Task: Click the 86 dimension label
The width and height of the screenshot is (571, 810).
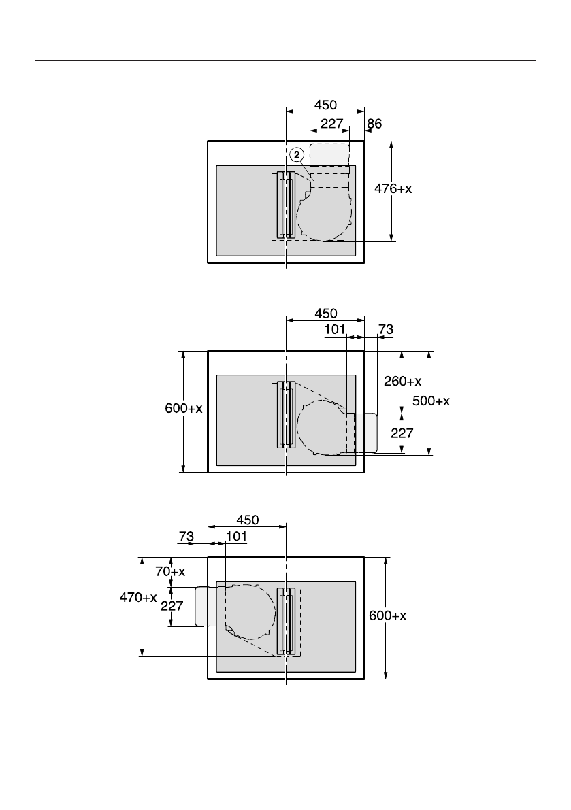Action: [x=375, y=124]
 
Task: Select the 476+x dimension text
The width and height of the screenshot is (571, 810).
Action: [x=395, y=190]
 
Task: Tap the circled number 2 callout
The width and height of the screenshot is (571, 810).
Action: [x=296, y=155]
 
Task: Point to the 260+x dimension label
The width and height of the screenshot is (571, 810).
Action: [x=402, y=382]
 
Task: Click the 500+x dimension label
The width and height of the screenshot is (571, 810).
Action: [x=431, y=401]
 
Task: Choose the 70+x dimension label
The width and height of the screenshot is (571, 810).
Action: [x=170, y=572]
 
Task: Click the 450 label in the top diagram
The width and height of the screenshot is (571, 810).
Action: [x=326, y=105]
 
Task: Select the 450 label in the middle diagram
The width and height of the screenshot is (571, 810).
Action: [x=326, y=314]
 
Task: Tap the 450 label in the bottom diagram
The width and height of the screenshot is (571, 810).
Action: [x=247, y=520]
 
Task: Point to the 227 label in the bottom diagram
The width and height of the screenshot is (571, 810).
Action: [x=172, y=606]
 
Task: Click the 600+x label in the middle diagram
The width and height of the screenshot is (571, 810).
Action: [x=184, y=408]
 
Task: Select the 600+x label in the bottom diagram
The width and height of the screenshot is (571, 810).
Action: [x=388, y=615]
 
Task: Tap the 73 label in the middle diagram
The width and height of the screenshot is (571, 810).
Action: [x=385, y=329]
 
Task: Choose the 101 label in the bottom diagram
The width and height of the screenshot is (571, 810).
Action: [x=236, y=536]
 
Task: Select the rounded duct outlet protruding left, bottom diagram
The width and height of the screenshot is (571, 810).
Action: [x=201, y=606]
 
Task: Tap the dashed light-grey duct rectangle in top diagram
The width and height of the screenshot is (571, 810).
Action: [x=330, y=154]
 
